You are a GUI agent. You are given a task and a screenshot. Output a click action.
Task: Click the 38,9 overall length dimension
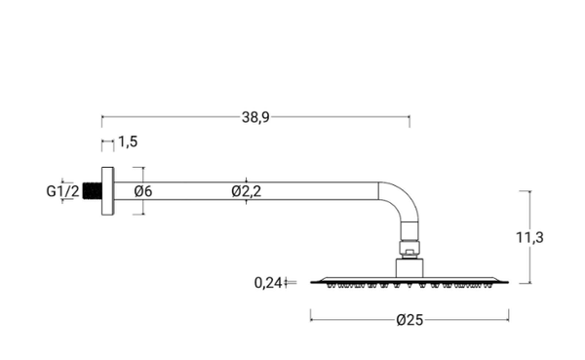(255, 117)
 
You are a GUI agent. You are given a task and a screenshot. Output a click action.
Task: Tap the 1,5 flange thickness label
(128, 141)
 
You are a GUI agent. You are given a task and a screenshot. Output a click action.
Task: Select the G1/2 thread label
(62, 191)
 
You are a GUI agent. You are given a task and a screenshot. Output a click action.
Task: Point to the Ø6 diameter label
(143, 191)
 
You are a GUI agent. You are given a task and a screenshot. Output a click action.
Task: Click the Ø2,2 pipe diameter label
(247, 191)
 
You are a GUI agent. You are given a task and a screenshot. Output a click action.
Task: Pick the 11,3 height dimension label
(529, 237)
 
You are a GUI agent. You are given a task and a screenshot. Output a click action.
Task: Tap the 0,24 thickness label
(268, 283)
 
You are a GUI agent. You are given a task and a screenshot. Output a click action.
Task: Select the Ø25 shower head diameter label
(409, 320)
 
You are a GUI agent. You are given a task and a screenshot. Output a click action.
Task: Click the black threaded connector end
(93, 191)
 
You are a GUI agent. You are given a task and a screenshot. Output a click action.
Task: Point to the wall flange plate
(108, 191)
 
